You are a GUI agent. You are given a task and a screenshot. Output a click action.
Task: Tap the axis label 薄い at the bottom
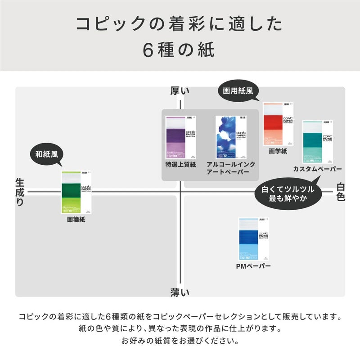(180, 292)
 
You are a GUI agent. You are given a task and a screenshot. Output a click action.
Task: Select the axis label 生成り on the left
(20, 192)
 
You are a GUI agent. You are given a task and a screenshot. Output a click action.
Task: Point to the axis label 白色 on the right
(341, 192)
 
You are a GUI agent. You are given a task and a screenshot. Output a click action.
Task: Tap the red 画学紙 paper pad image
(278, 124)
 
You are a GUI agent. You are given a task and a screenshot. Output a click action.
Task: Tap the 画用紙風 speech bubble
(238, 90)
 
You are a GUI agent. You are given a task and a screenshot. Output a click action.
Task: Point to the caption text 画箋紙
(76, 220)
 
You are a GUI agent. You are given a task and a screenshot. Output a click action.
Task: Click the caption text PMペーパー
(253, 266)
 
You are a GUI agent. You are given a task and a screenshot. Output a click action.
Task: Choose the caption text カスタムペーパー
(317, 169)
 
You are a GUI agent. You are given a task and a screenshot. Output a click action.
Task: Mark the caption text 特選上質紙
(181, 164)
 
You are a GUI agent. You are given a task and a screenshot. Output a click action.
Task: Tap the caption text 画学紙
(278, 152)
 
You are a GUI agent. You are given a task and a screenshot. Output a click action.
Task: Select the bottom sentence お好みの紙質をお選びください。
(180, 341)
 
